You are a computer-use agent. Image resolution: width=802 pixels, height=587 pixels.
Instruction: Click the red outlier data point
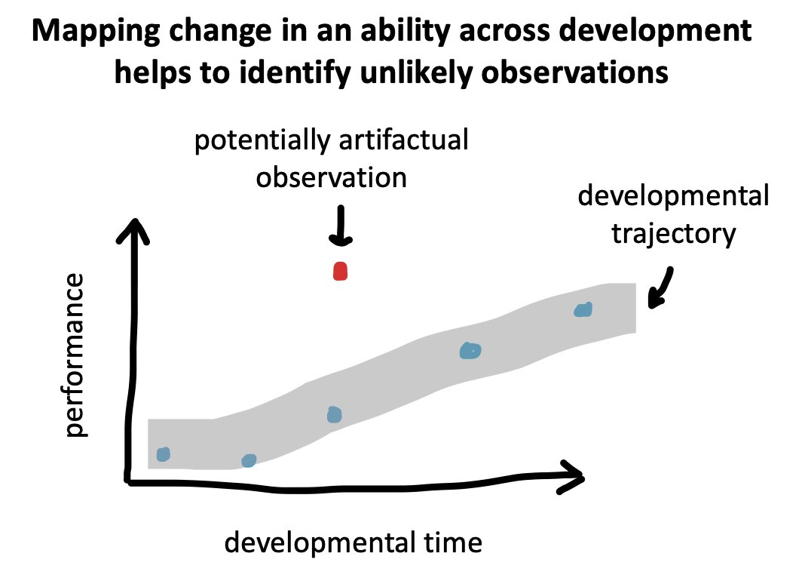(340, 271)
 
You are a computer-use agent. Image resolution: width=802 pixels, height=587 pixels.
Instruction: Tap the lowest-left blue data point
(163, 454)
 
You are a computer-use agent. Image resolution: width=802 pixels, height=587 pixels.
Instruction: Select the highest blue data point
(583, 309)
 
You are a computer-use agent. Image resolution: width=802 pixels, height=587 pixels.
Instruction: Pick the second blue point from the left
(249, 460)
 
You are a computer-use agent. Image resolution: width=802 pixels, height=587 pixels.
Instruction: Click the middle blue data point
(334, 414)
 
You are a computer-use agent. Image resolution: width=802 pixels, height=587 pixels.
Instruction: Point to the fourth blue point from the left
(470, 351)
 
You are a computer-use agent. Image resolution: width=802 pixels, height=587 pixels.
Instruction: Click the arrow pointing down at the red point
(341, 226)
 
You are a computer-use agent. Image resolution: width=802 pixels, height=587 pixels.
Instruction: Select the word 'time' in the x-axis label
(453, 543)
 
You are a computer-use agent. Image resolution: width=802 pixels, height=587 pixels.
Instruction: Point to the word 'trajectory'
(674, 234)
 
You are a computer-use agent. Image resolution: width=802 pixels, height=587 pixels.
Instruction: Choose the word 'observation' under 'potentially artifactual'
(332, 177)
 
